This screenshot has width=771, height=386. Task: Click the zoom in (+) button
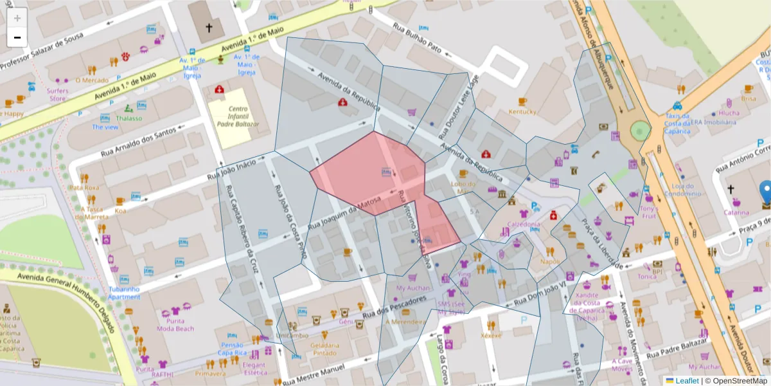(x=17, y=18)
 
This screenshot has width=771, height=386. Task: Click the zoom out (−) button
(x=17, y=37)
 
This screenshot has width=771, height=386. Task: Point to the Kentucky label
(x=522, y=112)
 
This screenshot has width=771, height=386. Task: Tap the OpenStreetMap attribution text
(x=736, y=381)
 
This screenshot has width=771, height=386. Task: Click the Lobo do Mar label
(x=463, y=187)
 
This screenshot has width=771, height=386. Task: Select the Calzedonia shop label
(x=524, y=224)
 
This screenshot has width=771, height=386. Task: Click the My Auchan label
(x=412, y=288)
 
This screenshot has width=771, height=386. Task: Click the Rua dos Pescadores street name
(x=394, y=308)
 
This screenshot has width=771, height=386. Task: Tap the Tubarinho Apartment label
(x=124, y=293)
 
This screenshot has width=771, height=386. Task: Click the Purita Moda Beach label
(x=175, y=324)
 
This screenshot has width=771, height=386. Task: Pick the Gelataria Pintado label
(x=324, y=349)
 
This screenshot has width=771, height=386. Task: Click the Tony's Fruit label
(x=649, y=212)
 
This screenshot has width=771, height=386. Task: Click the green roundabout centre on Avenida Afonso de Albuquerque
(x=640, y=131)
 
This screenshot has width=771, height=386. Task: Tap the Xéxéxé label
(x=492, y=335)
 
